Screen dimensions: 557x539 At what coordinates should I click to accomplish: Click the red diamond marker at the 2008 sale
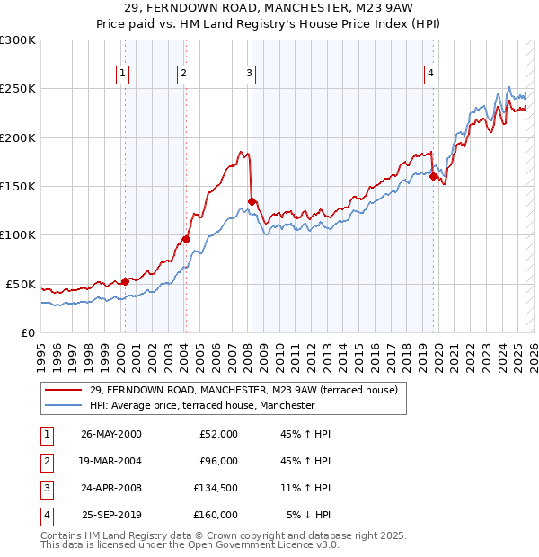[x=252, y=201]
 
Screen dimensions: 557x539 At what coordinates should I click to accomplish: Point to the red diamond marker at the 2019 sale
[x=433, y=177]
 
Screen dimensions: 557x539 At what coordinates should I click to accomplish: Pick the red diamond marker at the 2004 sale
[x=186, y=239]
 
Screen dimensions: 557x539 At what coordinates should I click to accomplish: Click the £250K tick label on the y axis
[x=18, y=89]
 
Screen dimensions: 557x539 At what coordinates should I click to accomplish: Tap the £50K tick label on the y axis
[x=22, y=284]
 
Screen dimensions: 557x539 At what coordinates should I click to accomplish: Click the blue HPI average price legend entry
[x=202, y=405]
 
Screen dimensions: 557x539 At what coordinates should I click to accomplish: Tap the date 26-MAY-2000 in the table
[x=110, y=434]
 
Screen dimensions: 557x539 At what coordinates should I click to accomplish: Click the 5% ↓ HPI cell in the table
[x=309, y=515]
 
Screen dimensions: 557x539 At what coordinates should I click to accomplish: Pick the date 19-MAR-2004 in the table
[x=110, y=461]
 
